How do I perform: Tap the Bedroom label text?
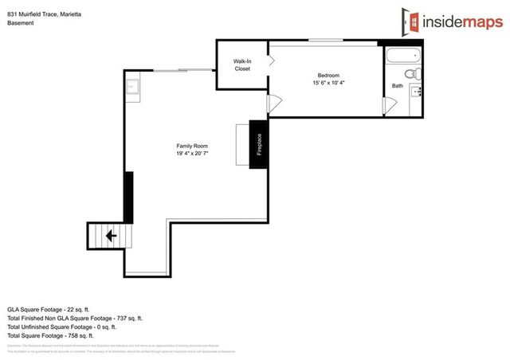coord(329,76)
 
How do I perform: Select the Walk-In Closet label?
coord(242,65)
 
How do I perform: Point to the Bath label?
coord(397,86)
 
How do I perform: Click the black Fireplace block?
coord(257,144)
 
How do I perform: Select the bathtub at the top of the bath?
coord(402,57)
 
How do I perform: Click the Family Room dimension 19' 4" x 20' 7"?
coord(192,154)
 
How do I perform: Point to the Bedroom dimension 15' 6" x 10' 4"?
coord(329,83)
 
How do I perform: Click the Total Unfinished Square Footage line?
coord(61,327)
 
